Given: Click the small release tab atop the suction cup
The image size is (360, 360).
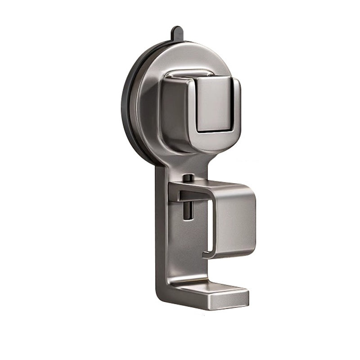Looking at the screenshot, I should [x=175, y=34].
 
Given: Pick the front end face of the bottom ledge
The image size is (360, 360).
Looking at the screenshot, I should [x=229, y=297].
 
